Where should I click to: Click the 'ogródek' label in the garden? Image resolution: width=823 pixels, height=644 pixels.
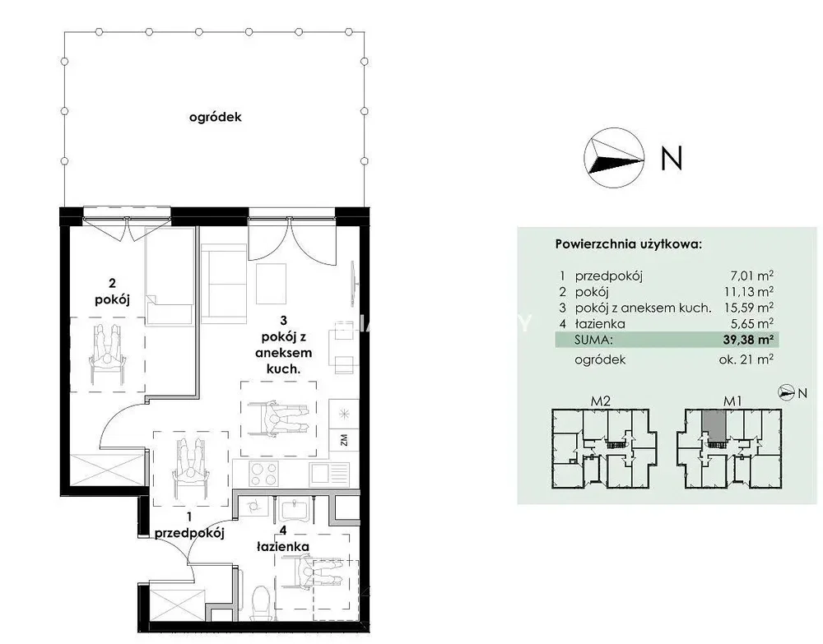pos(215,117)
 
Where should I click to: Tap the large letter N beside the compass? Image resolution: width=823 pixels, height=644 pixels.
pos(672,157)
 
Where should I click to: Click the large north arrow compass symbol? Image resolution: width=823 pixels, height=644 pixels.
pos(614,157)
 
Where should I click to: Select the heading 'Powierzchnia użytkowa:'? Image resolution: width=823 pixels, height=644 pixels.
pos(628,244)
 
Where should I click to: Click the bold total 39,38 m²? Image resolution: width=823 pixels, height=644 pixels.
pos(748,340)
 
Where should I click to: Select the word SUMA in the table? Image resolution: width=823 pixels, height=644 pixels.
pos(593,340)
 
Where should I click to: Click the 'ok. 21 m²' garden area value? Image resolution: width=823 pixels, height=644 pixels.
pos(746,359)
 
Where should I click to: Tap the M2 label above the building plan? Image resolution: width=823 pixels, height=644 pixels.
pos(601,401)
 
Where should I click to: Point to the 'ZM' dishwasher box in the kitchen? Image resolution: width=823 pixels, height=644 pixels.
pos(344,439)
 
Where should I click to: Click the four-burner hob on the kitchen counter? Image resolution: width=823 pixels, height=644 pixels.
pos(263,474)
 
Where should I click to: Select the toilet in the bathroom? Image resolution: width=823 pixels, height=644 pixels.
pos(260,603)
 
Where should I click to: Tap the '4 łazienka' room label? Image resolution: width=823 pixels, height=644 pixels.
pos(283,539)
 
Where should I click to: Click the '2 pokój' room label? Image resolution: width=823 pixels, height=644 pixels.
pos(112,292)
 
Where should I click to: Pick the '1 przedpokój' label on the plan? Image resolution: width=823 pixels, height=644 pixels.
pos(189,525)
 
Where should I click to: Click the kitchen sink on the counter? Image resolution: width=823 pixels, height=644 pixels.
pos(329,474)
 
